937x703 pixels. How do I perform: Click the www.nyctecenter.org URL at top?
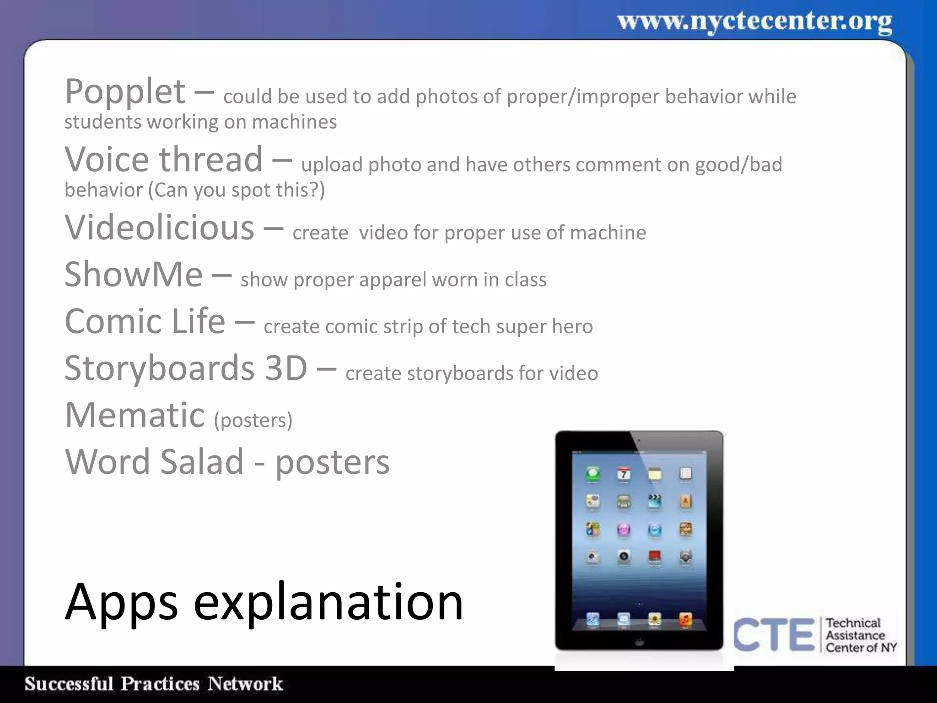pos(754,22)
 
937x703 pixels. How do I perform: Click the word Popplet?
pos(125,92)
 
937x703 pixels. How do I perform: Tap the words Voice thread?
pos(163,160)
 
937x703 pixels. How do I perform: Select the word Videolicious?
pos(159,227)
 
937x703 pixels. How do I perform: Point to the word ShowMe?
pos(133,275)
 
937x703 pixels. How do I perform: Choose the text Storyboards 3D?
pos(185,368)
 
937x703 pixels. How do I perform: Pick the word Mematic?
pos(135,415)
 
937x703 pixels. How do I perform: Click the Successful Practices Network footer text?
pos(153,684)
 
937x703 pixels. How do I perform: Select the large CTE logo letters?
pos(774,634)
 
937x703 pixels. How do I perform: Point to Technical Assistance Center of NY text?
pos(860,635)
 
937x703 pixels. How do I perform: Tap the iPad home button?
pos(639,642)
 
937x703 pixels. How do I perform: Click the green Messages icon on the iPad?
pos(593,474)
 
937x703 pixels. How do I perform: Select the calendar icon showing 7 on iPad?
pos(624,474)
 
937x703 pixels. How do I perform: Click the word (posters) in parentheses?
pos(253,420)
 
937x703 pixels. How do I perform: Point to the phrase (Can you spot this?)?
pos(237,190)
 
